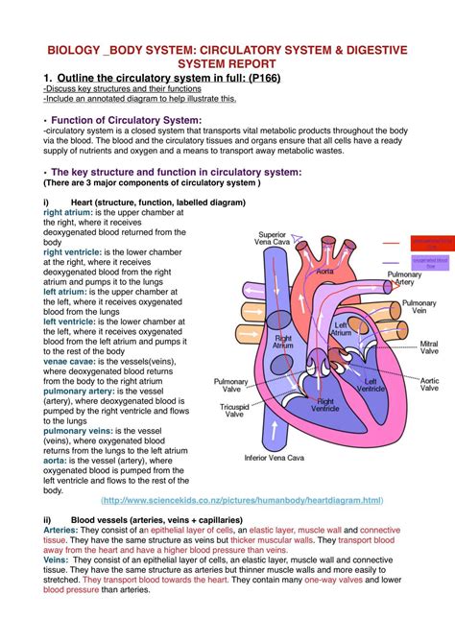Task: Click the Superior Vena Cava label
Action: tap(272, 239)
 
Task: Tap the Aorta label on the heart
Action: tap(324, 272)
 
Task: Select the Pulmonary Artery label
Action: tap(404, 278)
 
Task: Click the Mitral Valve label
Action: tap(428, 347)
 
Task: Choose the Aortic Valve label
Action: tap(428, 385)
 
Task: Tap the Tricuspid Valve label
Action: tap(234, 410)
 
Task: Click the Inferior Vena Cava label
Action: tap(280, 458)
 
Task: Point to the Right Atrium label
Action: tap(283, 343)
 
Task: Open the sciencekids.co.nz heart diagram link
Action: tap(242, 500)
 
